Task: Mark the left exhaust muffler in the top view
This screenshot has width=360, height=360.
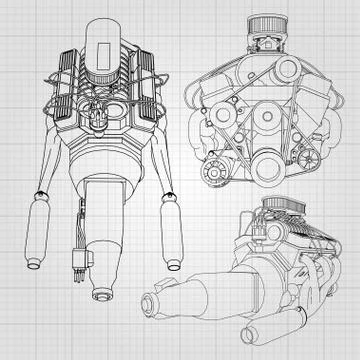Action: pyautogui.click(x=35, y=236)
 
